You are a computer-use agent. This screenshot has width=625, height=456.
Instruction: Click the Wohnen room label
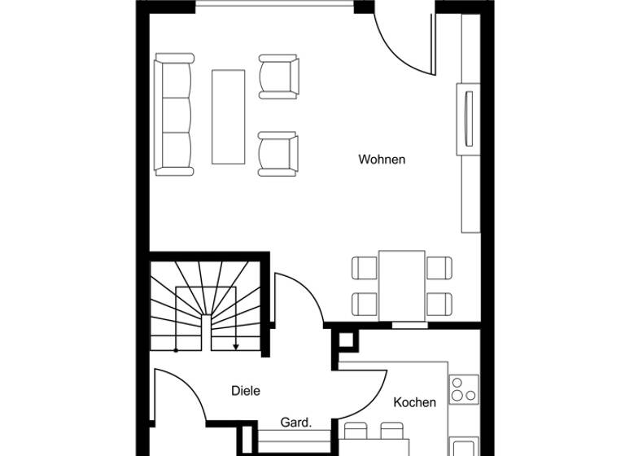click(x=382, y=160)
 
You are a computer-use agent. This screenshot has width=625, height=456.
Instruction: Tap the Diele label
click(x=246, y=391)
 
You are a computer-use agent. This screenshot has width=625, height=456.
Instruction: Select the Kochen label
click(x=415, y=402)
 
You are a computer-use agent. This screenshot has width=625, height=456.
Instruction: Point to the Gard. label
click(x=295, y=423)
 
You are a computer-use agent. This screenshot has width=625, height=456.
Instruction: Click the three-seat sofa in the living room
click(x=175, y=115)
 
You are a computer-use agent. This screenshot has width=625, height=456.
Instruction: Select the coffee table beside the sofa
click(x=228, y=116)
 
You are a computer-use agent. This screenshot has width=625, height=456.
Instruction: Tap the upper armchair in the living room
click(x=278, y=77)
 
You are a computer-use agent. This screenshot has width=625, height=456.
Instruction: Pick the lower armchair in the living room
click(x=278, y=154)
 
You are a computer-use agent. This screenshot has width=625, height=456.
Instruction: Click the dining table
click(x=401, y=285)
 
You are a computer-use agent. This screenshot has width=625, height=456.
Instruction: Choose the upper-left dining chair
click(x=365, y=267)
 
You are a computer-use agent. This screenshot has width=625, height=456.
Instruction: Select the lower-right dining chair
click(x=439, y=304)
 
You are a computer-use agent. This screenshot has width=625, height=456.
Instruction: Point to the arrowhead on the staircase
click(x=235, y=347)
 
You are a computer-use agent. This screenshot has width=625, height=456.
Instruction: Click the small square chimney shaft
click(x=346, y=340)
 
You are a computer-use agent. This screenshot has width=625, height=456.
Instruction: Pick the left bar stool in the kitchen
click(x=356, y=430)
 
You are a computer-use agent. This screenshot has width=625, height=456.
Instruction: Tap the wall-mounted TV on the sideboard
click(x=468, y=118)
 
